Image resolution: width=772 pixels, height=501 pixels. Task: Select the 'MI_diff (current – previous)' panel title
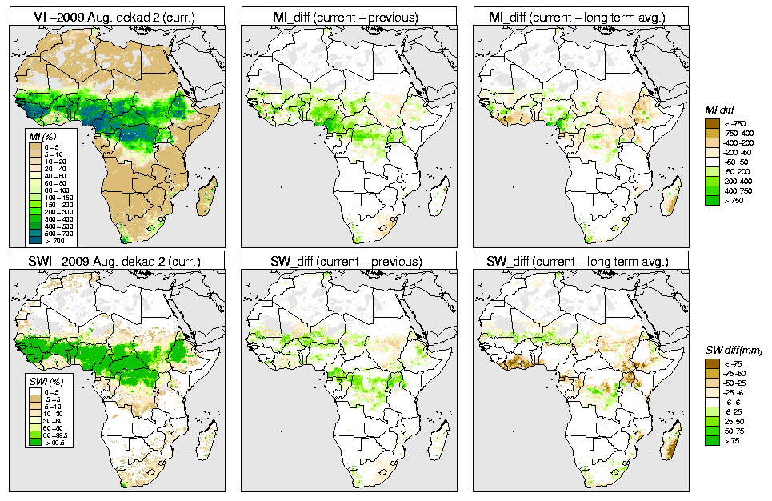click(x=348, y=14)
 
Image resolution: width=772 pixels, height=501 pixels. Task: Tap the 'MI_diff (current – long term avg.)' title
click(x=580, y=14)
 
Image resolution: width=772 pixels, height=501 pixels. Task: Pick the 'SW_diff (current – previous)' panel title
click(x=348, y=261)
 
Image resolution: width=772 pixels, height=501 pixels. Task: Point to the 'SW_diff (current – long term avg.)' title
click(x=580, y=261)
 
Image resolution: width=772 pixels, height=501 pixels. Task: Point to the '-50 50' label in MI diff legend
click(x=734, y=162)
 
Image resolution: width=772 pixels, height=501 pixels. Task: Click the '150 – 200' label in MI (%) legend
click(x=52, y=204)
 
